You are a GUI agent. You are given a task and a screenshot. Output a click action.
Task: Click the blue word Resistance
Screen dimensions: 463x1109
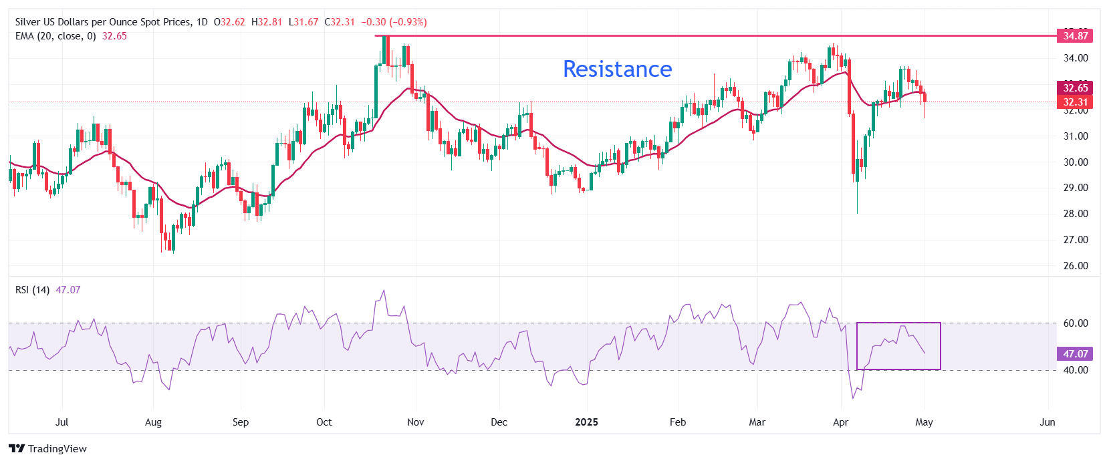point(617,69)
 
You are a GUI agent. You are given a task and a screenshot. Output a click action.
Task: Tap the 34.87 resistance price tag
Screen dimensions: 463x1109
point(1076,36)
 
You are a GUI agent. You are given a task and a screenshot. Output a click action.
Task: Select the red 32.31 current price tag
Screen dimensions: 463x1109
point(1076,102)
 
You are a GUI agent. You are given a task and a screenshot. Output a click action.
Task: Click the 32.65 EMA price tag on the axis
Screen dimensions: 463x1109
point(1076,88)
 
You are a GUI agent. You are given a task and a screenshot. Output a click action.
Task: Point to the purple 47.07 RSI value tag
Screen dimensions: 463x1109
point(1076,354)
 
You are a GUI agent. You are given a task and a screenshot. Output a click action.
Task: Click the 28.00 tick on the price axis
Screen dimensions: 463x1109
point(1076,214)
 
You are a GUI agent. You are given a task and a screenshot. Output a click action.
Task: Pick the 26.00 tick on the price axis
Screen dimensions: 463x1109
point(1076,266)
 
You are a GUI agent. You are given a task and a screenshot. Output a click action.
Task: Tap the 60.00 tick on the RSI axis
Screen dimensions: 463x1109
point(1076,323)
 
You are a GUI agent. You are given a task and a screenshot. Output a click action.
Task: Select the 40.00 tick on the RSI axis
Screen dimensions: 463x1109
point(1076,370)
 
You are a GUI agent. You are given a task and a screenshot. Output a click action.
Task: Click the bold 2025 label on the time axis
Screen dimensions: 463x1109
point(586,422)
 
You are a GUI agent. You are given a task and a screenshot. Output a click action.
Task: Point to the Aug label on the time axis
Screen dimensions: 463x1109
point(153,422)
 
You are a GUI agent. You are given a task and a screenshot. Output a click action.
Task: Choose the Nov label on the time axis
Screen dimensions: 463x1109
point(415,422)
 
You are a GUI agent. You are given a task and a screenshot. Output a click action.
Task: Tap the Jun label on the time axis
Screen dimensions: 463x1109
point(1048,422)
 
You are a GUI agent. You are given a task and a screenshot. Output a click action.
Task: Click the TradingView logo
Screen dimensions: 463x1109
point(47,449)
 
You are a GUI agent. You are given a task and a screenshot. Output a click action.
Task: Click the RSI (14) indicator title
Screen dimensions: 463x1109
point(32,290)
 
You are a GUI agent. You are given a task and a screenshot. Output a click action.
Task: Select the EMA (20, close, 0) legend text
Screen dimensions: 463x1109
point(55,36)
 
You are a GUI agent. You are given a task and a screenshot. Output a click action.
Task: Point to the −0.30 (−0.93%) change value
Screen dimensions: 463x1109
point(394,22)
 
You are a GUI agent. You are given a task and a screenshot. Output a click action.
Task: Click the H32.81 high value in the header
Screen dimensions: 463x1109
point(267,22)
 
